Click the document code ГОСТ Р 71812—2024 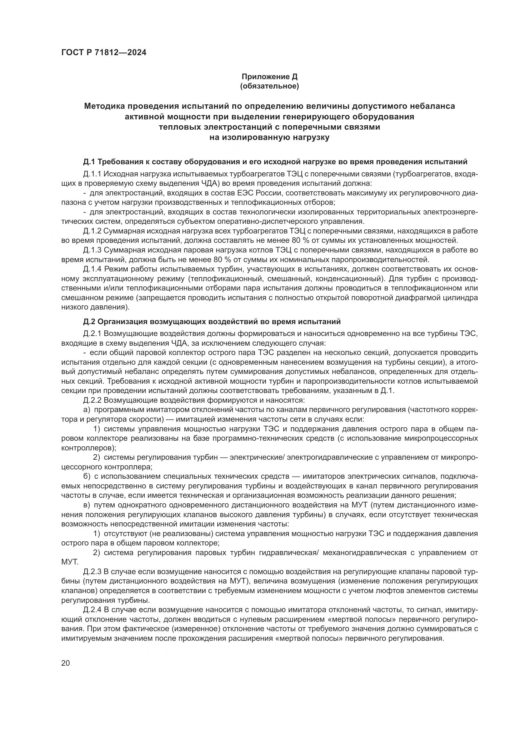104,53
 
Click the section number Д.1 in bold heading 89,162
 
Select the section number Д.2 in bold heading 89,322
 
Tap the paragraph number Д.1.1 92,174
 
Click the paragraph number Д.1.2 92,231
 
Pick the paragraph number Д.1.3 92,250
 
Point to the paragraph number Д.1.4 92,269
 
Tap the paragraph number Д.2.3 92,572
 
